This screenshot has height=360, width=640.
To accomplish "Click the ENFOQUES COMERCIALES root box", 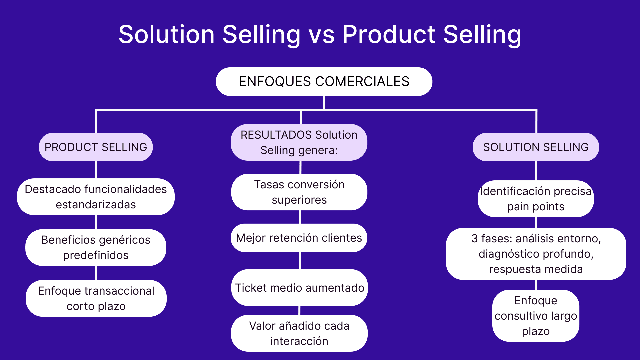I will (x=324, y=82).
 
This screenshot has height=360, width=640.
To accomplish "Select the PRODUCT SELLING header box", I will (x=96, y=147).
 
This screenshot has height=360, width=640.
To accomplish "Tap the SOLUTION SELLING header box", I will (x=536, y=147).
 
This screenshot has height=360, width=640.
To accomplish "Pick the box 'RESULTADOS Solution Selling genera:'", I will (x=299, y=142).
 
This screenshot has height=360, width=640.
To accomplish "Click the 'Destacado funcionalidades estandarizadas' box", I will (x=96, y=197).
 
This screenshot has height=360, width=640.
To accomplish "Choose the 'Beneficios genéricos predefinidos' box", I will (x=96, y=247).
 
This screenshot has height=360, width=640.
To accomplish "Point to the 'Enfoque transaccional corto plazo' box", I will (x=96, y=298).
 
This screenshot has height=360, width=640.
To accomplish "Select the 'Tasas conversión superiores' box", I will (x=299, y=192).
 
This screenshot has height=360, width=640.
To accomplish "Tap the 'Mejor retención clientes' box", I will (x=299, y=238).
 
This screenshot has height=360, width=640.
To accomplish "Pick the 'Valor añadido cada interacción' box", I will (x=299, y=333).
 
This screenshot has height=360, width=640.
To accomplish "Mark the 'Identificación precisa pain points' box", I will (x=536, y=199).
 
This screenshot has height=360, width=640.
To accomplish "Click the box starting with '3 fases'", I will (x=536, y=254).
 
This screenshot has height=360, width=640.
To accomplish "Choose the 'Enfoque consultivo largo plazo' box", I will (x=536, y=316).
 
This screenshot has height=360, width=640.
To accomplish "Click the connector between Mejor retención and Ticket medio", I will (x=300, y=261).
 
